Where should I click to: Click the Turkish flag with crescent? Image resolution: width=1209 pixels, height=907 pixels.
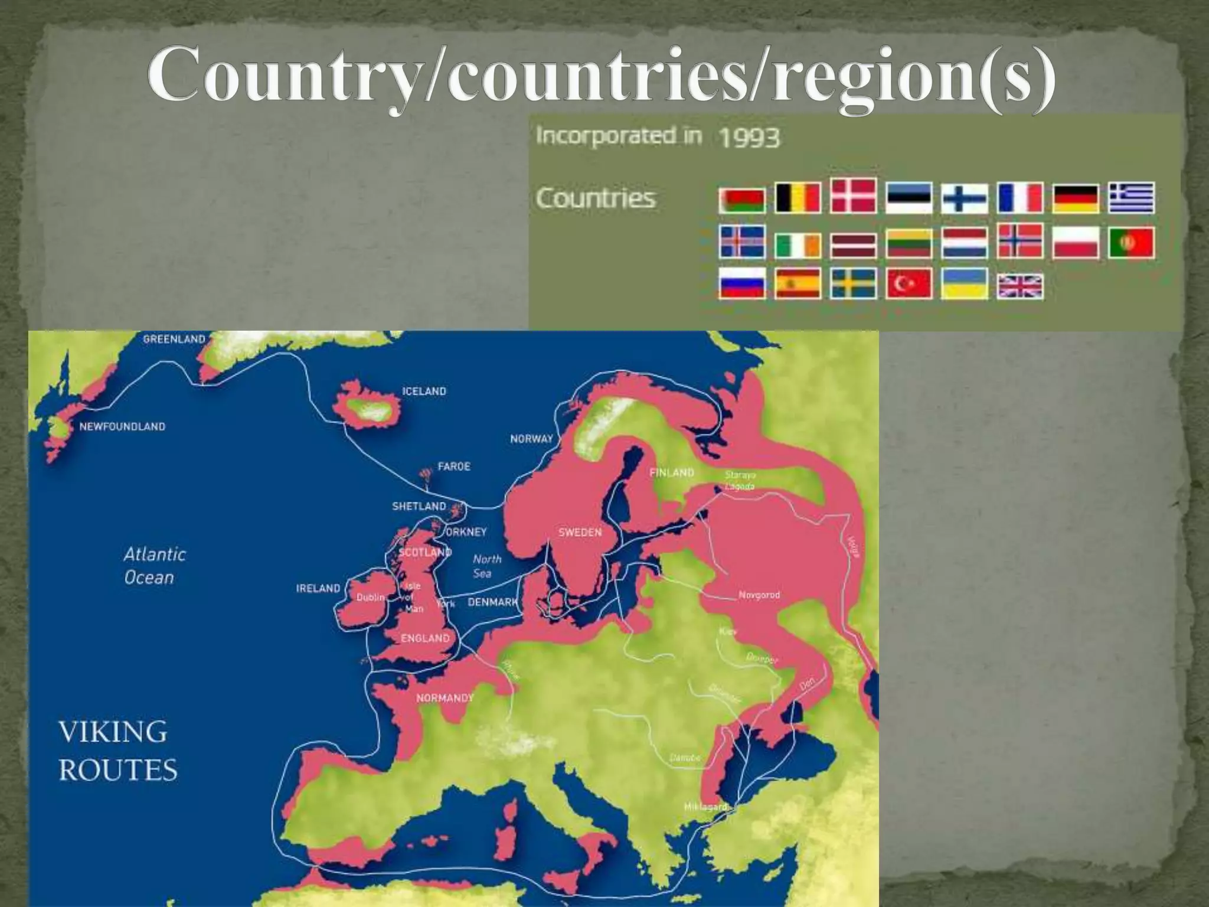[x=909, y=284]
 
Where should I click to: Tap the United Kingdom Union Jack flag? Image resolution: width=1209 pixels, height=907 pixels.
[x=1020, y=287]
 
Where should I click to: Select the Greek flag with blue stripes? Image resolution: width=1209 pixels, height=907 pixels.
[x=1131, y=198]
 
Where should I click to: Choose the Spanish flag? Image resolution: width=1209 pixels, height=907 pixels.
[x=798, y=284]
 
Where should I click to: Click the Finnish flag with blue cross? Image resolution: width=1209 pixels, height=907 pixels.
[x=964, y=198]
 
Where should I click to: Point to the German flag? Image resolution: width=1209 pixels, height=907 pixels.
[x=1076, y=198]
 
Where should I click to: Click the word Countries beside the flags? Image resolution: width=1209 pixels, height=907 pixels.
[x=595, y=198]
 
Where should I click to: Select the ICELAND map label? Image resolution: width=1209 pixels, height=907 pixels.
[x=424, y=391]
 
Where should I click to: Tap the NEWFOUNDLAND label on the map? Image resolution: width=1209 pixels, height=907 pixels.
[x=122, y=427]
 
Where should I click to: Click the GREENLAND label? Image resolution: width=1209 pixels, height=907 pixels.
[x=174, y=340]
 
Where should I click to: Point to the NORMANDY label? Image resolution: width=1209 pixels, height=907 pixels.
[x=445, y=699]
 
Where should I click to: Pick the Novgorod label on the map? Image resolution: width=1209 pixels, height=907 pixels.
[x=759, y=595]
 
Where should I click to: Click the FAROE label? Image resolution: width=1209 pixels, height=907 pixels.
[x=453, y=466]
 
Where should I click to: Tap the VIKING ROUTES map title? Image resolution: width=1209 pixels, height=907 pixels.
[x=117, y=751]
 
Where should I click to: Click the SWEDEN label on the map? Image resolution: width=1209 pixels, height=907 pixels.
[x=580, y=533]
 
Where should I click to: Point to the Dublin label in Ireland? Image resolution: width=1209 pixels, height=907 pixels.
[x=370, y=598]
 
